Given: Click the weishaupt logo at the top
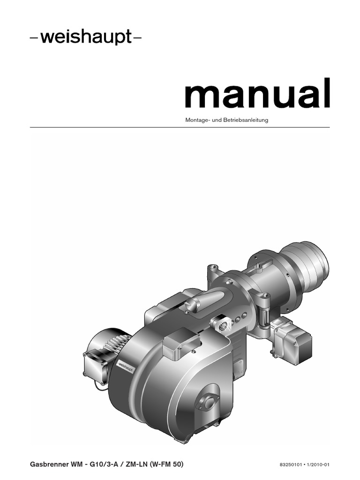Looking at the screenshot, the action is [x=86, y=37].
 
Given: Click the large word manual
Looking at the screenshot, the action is [x=258, y=93].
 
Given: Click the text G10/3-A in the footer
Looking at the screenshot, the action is [x=104, y=464].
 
